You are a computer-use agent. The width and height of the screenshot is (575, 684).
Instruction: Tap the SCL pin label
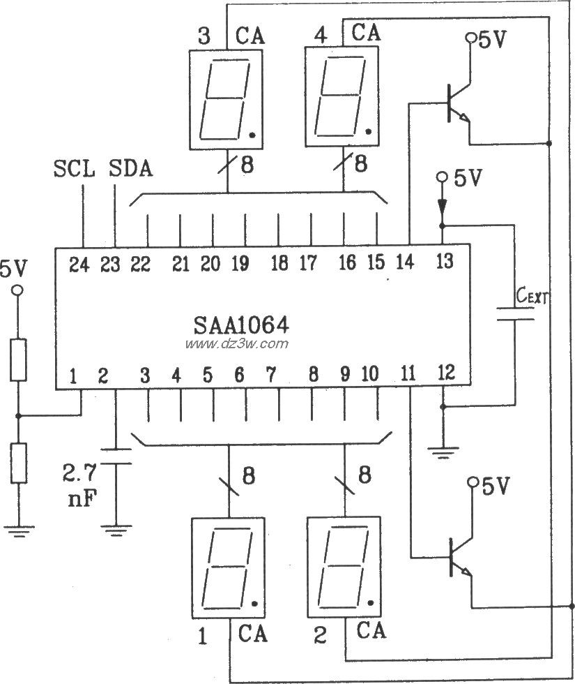click(73, 169)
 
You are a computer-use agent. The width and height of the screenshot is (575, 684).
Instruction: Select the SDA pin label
click(132, 169)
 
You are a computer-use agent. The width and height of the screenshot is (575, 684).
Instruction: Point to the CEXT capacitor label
click(533, 297)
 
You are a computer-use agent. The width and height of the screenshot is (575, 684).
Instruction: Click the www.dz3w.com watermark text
click(237, 344)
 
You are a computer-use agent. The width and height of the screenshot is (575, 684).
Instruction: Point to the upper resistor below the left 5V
click(19, 360)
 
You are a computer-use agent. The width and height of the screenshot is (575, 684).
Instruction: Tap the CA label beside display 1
click(252, 634)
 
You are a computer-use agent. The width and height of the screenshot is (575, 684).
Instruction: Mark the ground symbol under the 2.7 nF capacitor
click(116, 530)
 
